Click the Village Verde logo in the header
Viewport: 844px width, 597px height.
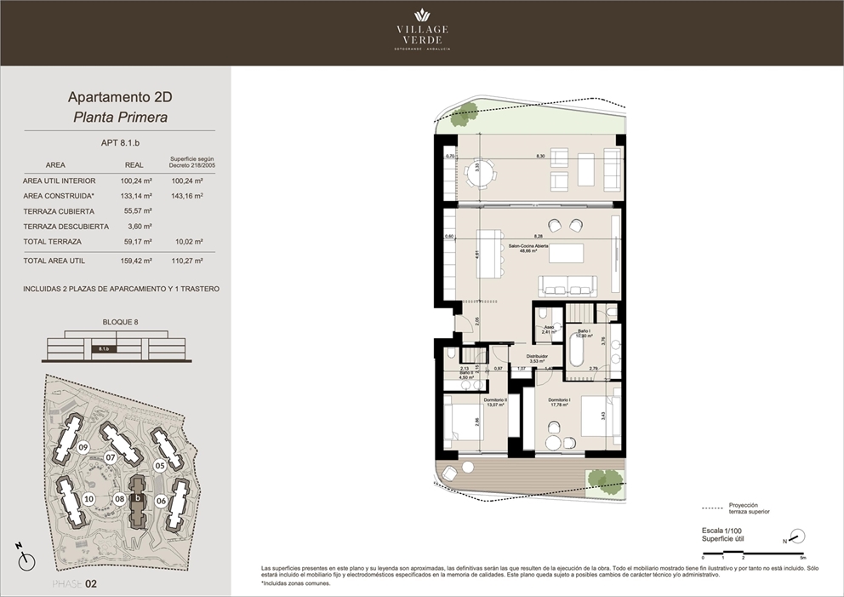(x=422, y=30)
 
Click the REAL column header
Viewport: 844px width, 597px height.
(x=134, y=165)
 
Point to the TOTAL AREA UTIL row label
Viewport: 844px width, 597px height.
(x=54, y=261)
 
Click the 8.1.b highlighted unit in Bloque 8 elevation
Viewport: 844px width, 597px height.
(x=103, y=348)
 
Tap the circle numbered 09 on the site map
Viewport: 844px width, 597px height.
(x=83, y=447)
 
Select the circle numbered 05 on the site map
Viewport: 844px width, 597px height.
(x=159, y=465)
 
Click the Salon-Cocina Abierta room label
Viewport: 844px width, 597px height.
(x=528, y=247)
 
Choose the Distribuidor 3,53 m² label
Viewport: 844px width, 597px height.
(x=535, y=359)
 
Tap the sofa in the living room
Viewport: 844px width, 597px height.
(x=568, y=284)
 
